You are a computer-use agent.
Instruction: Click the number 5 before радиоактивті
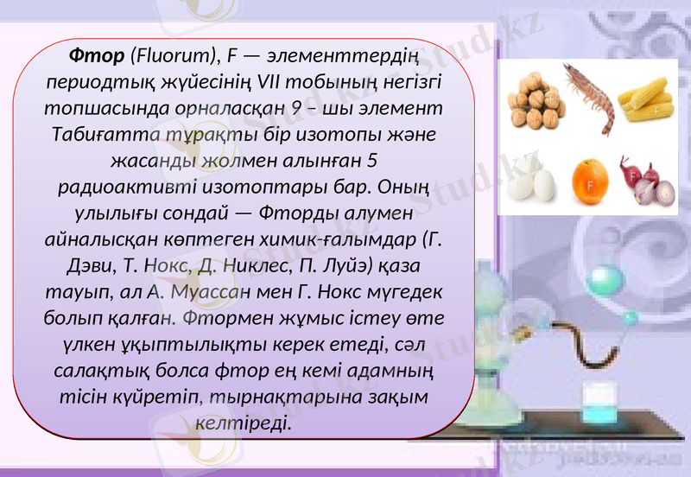372,161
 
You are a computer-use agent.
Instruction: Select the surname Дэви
91,264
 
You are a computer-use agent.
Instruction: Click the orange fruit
591,181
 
